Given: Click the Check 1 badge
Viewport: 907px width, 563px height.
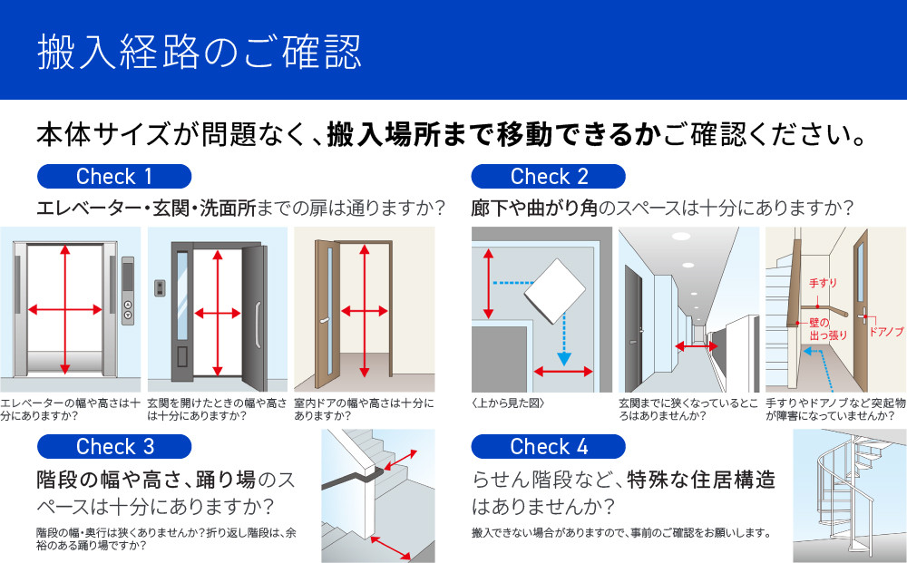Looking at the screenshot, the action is coord(114,176).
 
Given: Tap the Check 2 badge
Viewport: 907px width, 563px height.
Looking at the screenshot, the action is coord(548,176).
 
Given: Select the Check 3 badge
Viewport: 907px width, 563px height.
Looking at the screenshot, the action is coord(114,446).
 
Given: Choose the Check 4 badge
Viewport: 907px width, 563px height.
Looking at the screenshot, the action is coord(548,446).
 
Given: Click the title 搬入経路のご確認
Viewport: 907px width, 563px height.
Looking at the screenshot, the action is coord(200,52).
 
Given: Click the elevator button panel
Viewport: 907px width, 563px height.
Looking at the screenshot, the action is coord(128,290).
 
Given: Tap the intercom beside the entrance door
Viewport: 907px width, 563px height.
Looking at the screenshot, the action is coord(160,288).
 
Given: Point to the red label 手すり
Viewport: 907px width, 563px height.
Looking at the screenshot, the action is coord(823,283).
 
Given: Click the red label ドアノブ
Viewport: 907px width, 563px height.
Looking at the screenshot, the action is coord(886,332).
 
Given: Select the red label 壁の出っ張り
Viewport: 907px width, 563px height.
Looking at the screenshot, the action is coord(828,328).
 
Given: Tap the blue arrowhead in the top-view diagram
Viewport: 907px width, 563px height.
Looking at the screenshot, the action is coord(563,358).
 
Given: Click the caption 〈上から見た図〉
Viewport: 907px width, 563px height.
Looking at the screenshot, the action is coord(508,403).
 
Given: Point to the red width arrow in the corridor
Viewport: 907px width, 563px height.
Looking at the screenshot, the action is coord(697,346).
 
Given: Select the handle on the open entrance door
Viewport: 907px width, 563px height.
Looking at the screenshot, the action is coord(258,325).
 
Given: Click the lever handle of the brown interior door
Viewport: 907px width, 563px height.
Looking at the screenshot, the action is coord(324,320).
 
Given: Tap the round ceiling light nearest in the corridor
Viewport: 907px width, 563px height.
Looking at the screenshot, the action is coord(681,236).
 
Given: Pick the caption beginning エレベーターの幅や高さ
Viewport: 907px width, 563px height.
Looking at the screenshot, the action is coord(70,409).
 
